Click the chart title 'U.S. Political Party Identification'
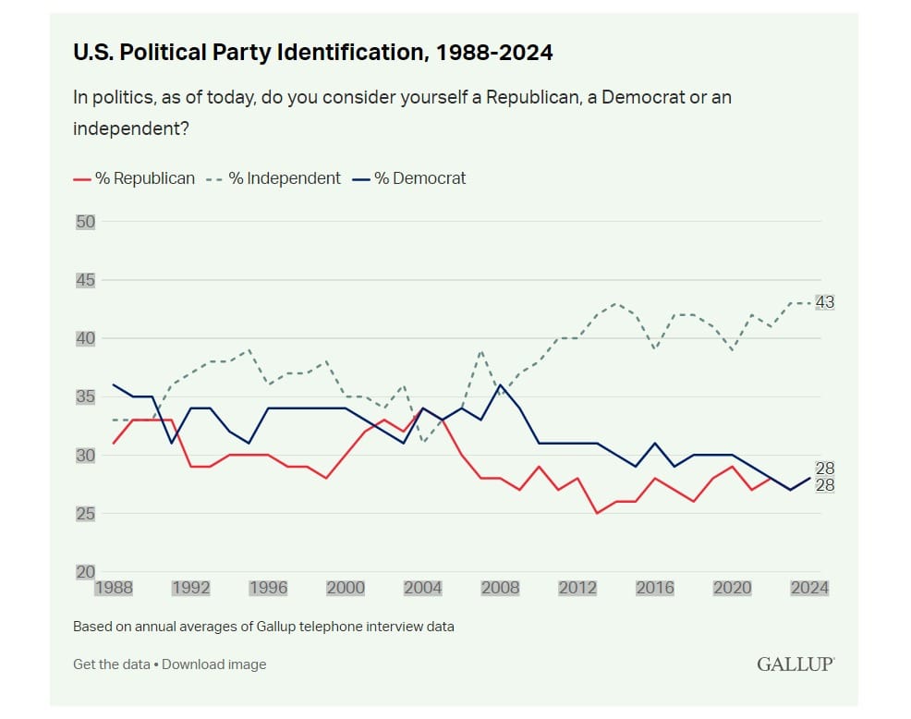click(312, 53)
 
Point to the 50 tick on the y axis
click(85, 222)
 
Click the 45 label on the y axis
click(85, 280)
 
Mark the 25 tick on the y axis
click(85, 514)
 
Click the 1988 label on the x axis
click(115, 588)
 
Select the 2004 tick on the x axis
click(423, 588)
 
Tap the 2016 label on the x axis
click(655, 588)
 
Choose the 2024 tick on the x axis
click(809, 588)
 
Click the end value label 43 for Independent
click(824, 302)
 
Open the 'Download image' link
click(213, 664)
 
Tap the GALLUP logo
click(796, 664)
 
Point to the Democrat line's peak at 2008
click(501, 384)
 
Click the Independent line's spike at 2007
click(481, 350)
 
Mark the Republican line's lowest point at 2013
click(597, 513)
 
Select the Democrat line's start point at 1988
click(115, 384)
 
